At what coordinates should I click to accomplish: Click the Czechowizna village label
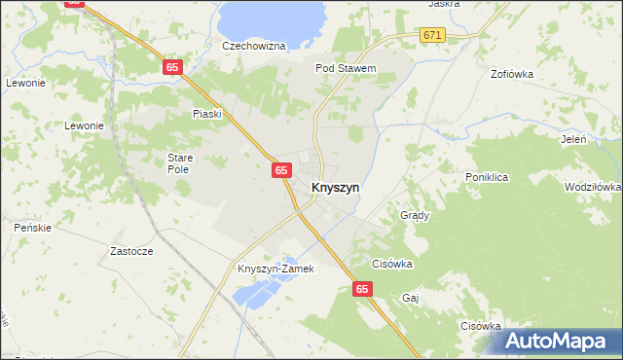coord(253,46)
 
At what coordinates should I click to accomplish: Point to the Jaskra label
coord(443,4)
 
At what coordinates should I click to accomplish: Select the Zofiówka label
coord(516,73)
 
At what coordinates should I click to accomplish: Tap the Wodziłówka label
coord(592,187)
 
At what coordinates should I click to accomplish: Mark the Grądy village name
coord(415,215)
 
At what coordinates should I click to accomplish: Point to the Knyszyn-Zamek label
coord(276,269)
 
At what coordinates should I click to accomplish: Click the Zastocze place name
coord(131,250)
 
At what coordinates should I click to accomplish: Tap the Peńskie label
coord(31,227)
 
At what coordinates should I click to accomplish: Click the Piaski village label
coord(207,114)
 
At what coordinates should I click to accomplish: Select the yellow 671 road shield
coord(433,35)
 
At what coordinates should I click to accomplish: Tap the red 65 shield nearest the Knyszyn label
coord(280,170)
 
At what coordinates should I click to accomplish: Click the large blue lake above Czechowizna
coord(271,16)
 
